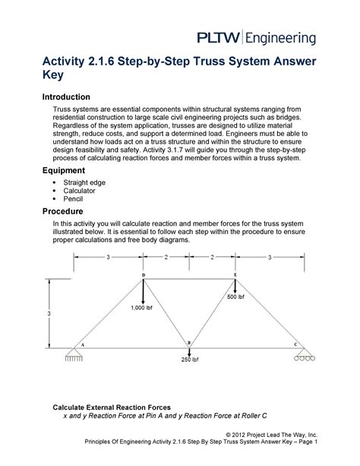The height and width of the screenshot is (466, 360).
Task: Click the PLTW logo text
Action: tap(218, 38)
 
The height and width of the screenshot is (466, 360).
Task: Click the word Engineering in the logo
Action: tap(280, 39)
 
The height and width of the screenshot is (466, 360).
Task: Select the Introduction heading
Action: tap(66, 97)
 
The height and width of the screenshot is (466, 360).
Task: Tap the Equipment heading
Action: tap(64, 170)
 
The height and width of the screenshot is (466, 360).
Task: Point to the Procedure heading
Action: tap(63, 211)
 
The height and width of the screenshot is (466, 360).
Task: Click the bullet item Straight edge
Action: tap(84, 182)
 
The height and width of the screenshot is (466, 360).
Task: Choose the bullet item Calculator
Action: tap(79, 191)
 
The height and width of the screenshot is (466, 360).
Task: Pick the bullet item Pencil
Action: tap(73, 199)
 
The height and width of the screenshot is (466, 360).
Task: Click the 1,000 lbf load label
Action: tap(142, 308)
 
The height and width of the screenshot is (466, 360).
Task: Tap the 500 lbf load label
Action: tap(236, 296)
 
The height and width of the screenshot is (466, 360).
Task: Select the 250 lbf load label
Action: tap(190, 360)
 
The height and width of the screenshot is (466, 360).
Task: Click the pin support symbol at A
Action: tap(74, 355)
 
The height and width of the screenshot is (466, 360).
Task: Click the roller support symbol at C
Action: tap(305, 354)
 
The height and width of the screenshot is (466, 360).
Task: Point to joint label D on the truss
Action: tap(144, 275)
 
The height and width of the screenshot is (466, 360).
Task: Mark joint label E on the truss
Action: tap(235, 275)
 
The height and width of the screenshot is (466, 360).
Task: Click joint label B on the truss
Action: tap(189, 344)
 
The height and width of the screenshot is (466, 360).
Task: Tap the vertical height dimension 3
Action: tap(49, 313)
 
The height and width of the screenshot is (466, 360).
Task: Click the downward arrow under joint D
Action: tap(144, 292)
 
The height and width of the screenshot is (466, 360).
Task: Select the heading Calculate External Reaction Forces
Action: tap(112, 407)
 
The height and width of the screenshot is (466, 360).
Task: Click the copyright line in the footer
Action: tap(271, 435)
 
